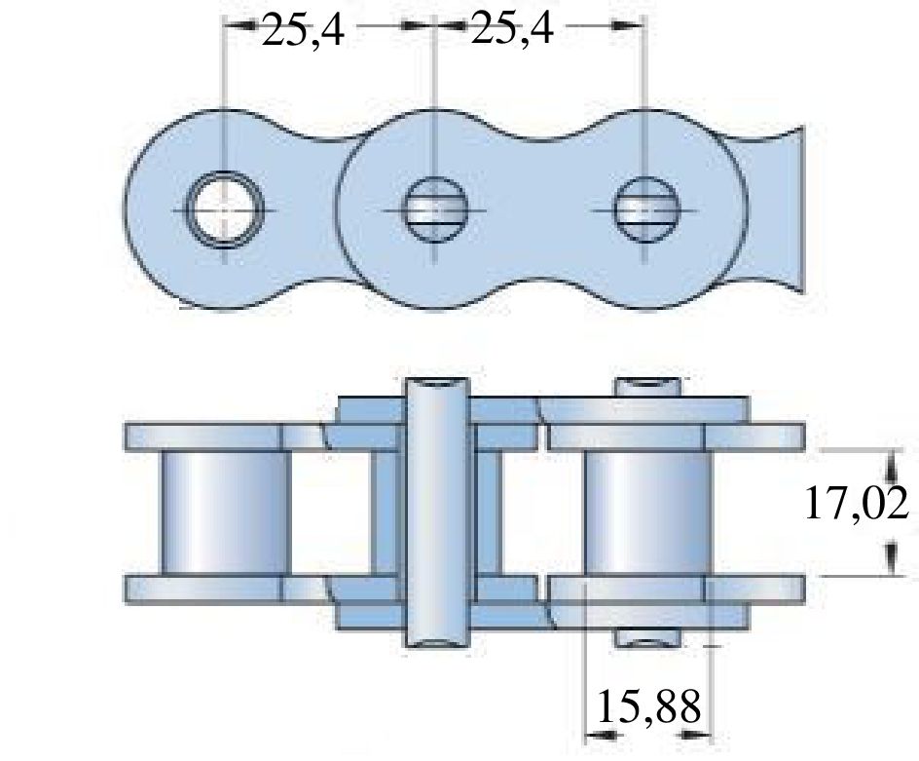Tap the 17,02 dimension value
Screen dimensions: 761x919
click(857, 505)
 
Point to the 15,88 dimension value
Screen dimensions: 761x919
click(646, 707)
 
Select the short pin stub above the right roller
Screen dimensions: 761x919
click(645, 386)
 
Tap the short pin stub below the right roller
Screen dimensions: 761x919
click(645, 638)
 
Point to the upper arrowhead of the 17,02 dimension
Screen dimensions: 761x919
click(890, 461)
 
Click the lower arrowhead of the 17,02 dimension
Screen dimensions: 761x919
click(890, 563)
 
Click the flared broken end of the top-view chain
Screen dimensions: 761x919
click(785, 210)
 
